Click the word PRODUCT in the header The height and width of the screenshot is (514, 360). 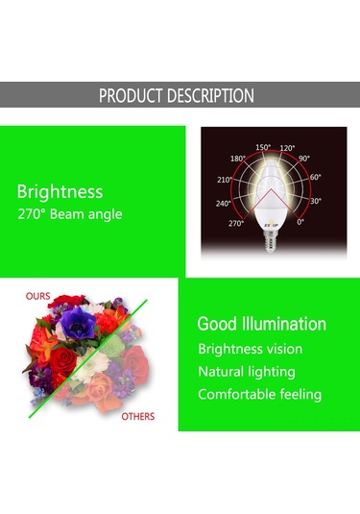134,96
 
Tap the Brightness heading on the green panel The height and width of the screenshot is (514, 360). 60,191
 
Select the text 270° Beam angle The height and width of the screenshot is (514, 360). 70,214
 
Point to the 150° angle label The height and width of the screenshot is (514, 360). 263,147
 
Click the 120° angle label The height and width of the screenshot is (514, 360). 288,149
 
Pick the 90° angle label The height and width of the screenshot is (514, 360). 304,158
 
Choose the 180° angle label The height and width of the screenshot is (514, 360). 238,158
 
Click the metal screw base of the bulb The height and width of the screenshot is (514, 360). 274,242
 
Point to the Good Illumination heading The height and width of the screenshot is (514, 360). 261,325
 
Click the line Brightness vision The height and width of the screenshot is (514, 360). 250,349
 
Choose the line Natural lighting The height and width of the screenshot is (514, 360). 246,372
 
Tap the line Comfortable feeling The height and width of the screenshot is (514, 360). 259,395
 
